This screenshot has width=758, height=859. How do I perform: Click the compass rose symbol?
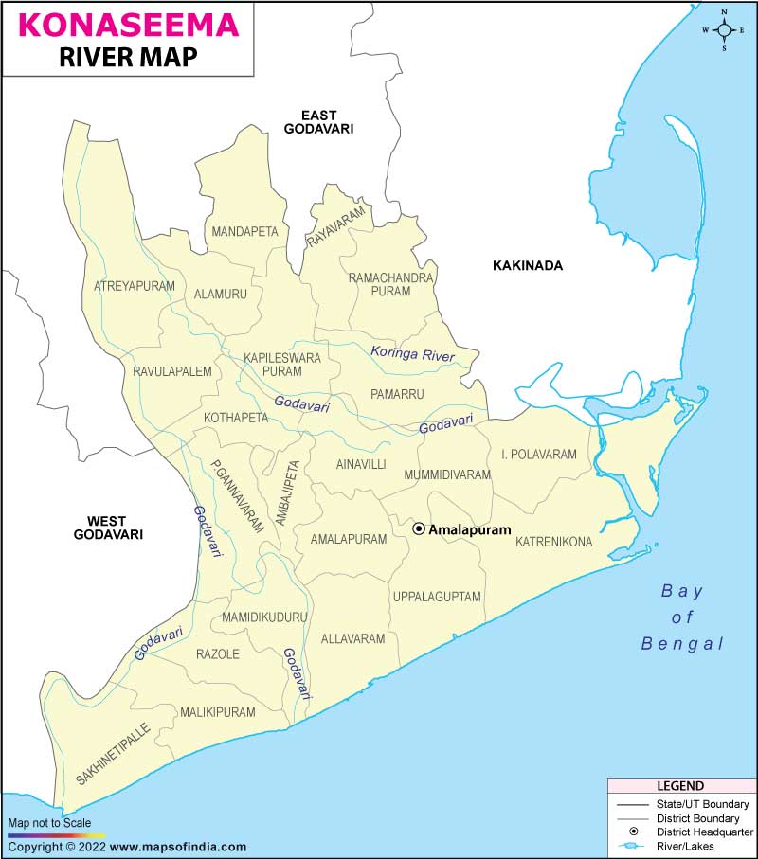[725, 30]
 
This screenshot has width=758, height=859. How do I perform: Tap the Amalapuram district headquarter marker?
[419, 529]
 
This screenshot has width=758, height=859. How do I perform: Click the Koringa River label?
[412, 354]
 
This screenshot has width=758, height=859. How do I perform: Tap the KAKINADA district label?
[527, 265]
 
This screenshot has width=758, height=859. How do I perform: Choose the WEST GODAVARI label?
[108, 527]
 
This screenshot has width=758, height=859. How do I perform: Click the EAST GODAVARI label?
[319, 121]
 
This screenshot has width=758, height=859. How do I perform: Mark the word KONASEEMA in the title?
[127, 24]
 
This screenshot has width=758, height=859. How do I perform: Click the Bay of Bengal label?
[682, 617]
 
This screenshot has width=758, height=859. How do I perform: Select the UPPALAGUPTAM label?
[437, 597]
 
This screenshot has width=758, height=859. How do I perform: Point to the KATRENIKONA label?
[553, 542]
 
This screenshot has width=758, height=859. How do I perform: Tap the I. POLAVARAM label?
[538, 455]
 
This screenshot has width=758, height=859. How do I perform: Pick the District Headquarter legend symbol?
[630, 831]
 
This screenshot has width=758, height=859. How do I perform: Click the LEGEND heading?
[680, 786]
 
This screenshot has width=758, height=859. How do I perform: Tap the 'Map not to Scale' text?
[49, 823]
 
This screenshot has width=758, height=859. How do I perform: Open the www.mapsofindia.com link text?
[178, 847]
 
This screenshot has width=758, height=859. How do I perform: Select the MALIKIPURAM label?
[218, 712]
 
